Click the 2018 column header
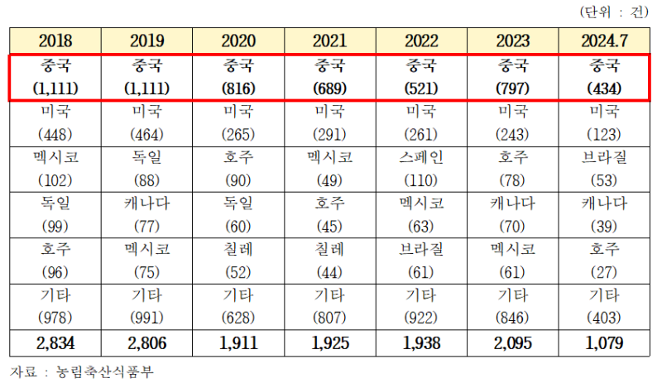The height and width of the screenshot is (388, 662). pos(55,41)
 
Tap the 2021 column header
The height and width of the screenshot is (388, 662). pos(329,41)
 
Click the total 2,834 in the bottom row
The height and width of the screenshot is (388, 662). pos(55,342)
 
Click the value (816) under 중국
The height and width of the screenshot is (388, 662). pos(238,88)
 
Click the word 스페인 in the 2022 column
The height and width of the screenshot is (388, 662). pos(421,158)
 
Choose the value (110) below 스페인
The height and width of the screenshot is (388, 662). pos(421,180)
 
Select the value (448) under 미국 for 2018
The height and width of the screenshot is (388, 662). pos(55,134)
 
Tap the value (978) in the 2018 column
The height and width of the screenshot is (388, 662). pos(55,317)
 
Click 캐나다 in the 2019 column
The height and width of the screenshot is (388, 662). pos(146,204)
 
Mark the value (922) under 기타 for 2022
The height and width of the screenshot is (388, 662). pos(421,317)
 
